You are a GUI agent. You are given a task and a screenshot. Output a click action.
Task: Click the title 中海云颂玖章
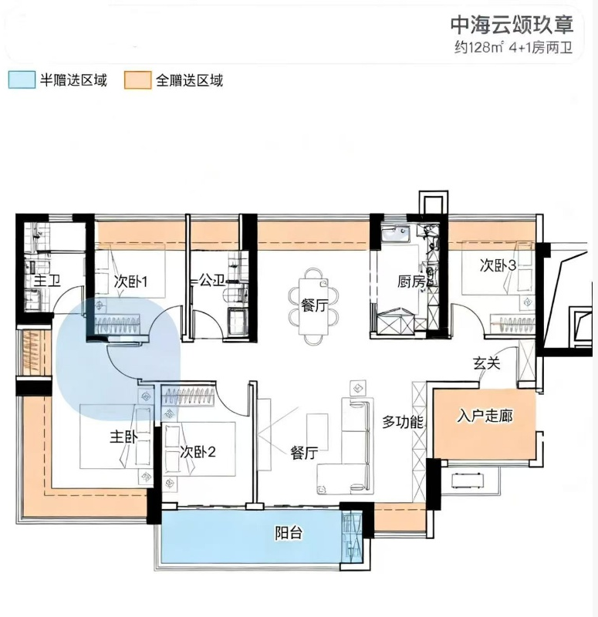pos(512,25)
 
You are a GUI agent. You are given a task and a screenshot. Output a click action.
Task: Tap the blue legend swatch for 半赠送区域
pos(22,80)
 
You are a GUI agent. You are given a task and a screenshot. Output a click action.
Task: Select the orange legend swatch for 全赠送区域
pos(137,80)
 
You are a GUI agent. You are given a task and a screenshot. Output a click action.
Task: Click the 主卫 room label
pos(47,281)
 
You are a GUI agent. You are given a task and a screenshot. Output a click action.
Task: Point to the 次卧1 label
pos(130,282)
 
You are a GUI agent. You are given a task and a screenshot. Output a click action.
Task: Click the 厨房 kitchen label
pos(411,282)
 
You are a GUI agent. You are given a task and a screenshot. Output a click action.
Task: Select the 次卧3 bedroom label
pos(498,265)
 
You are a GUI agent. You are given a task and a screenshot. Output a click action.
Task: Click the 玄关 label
pos(487,363)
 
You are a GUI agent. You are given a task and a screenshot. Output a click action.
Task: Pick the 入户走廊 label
pos(485,416)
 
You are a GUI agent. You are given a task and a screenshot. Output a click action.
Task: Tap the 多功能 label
pos(402,422)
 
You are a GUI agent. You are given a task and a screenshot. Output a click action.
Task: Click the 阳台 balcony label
pos(289,533)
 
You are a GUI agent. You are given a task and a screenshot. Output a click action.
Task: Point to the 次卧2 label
pos(198,452)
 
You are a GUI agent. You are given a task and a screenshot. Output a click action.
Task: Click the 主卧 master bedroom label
pos(123,437)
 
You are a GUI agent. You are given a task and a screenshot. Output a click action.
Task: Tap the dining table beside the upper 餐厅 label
pos(313,306)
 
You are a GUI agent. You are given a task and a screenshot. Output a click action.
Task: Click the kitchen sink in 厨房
pos(395,234)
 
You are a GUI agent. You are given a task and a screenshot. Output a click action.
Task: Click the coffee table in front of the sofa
pos(317,432)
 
